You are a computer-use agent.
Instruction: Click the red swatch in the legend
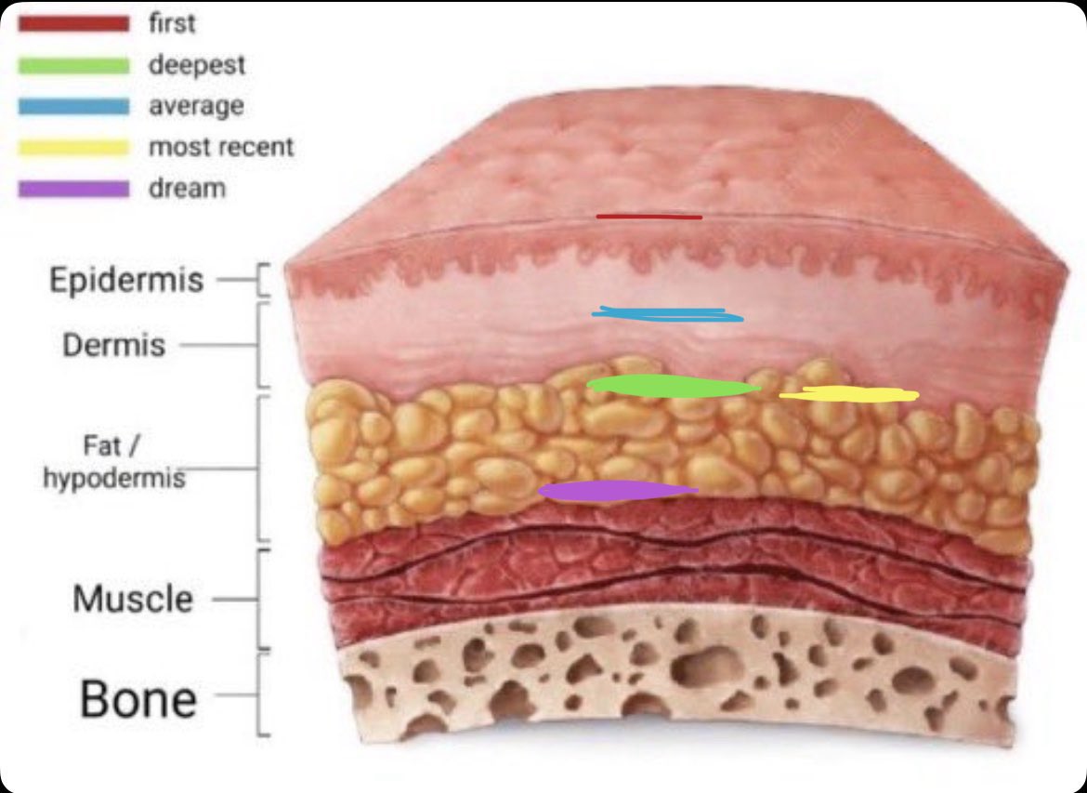(73, 24)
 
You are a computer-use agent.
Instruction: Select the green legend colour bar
(73, 66)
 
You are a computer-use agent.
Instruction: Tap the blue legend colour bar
(73, 107)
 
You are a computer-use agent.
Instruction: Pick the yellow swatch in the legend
(73, 148)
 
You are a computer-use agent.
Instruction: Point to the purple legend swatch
(73, 189)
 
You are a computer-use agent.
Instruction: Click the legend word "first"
(172, 23)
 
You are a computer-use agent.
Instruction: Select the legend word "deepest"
(197, 66)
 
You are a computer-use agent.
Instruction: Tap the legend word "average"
(196, 106)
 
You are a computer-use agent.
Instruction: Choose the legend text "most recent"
(221, 147)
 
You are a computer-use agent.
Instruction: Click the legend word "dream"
(187, 188)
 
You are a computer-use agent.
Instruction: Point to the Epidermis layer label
(127, 280)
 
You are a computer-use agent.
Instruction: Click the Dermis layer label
(113, 345)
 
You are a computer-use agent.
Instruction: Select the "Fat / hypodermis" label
(113, 461)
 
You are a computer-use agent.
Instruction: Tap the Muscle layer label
(133, 599)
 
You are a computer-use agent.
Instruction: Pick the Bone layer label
(138, 698)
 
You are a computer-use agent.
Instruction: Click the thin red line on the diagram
(648, 218)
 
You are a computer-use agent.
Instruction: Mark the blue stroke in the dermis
(667, 315)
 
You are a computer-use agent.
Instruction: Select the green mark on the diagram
(674, 386)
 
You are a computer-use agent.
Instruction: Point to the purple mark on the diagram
(618, 491)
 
